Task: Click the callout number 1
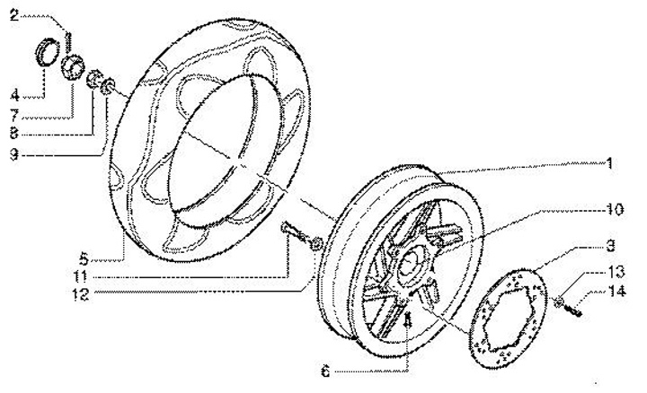609,164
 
